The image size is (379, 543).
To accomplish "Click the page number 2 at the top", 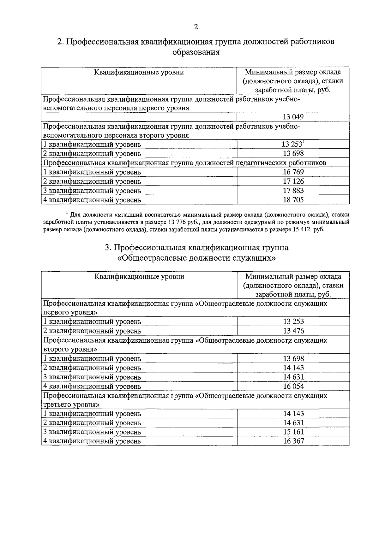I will coord(196,27).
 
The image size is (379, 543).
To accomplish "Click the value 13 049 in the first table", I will coord(293,117).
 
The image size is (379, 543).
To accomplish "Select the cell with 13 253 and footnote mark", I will coord(293,145).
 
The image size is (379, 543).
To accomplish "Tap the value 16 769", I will coord(293,172).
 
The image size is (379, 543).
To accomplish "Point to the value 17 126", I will coord(293,181).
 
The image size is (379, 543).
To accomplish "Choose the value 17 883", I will coord(293,191).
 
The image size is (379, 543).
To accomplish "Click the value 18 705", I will coord(293,200).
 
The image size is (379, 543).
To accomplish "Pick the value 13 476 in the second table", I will coord(293,331).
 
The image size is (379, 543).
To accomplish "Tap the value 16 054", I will coord(293,386).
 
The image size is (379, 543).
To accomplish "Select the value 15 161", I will coord(293,432).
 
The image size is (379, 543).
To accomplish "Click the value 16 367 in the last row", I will coord(293,441).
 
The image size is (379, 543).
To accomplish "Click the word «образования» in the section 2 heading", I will coord(196,52).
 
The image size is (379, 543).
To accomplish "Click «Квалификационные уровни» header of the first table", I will coord(139,73).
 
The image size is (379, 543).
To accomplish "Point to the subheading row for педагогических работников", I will coord(184,163).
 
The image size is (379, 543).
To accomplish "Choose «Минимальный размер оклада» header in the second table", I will coord(293,277).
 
